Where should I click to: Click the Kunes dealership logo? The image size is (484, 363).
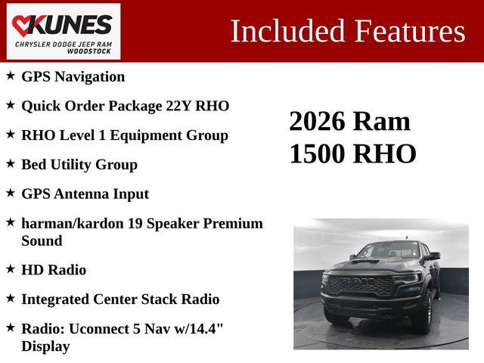[64, 31]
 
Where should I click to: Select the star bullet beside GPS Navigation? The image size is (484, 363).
[11, 76]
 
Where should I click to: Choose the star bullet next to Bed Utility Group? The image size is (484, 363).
[11, 164]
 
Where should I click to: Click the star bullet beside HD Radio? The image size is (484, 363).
[11, 269]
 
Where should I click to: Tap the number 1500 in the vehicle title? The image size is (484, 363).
[318, 154]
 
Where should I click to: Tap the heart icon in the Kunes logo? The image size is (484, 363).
[23, 25]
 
